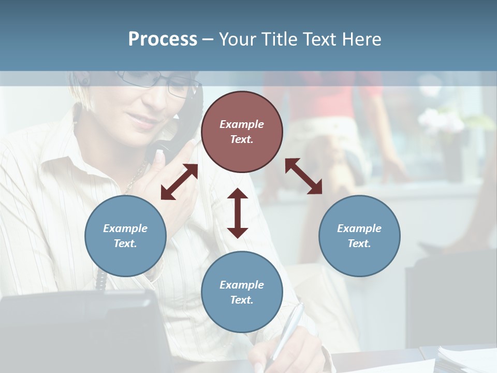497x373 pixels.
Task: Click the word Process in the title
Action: coord(163,39)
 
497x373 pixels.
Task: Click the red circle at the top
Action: coord(242,132)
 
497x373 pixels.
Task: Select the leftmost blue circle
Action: coord(125,236)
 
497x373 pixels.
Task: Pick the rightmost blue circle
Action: coord(359,236)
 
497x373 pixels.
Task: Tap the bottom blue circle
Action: coord(242,292)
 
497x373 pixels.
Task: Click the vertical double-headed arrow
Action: coord(238,213)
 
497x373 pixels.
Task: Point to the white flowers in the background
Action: coord(440,122)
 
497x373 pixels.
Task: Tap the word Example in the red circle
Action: coord(242,124)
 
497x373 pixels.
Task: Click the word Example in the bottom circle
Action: coord(242,285)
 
